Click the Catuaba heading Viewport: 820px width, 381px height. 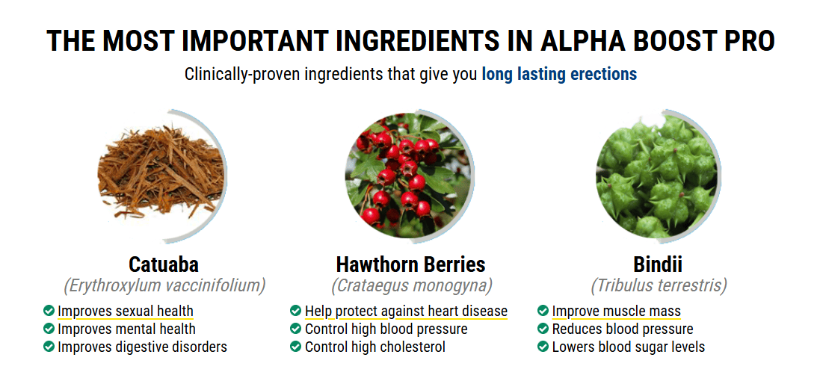coord(164,264)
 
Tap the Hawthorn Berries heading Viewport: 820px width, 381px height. coord(410,264)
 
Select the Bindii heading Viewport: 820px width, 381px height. coord(658,264)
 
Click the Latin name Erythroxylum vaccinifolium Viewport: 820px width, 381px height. coord(164,286)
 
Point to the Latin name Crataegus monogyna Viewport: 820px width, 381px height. coord(412,286)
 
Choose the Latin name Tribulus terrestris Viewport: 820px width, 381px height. coord(659,286)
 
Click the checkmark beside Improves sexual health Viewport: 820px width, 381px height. coord(49,311)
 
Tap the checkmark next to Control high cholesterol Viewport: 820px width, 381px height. coord(295,346)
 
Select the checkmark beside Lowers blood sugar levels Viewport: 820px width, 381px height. coord(543,346)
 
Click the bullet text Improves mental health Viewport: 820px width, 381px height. coord(126,329)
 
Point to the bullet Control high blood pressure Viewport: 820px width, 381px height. coord(386,329)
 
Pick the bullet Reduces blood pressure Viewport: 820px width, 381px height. coord(623,329)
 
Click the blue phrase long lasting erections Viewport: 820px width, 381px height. coord(559,74)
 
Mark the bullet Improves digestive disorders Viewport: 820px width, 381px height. coord(142,347)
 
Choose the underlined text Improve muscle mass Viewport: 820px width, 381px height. coord(616,312)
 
